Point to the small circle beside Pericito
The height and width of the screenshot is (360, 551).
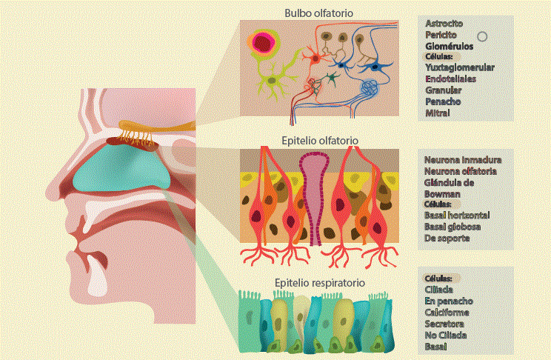click(481, 36)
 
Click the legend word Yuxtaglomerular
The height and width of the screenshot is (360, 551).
click(460, 67)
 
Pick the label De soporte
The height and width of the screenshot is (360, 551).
click(447, 239)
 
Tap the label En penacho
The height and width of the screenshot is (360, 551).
click(449, 301)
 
